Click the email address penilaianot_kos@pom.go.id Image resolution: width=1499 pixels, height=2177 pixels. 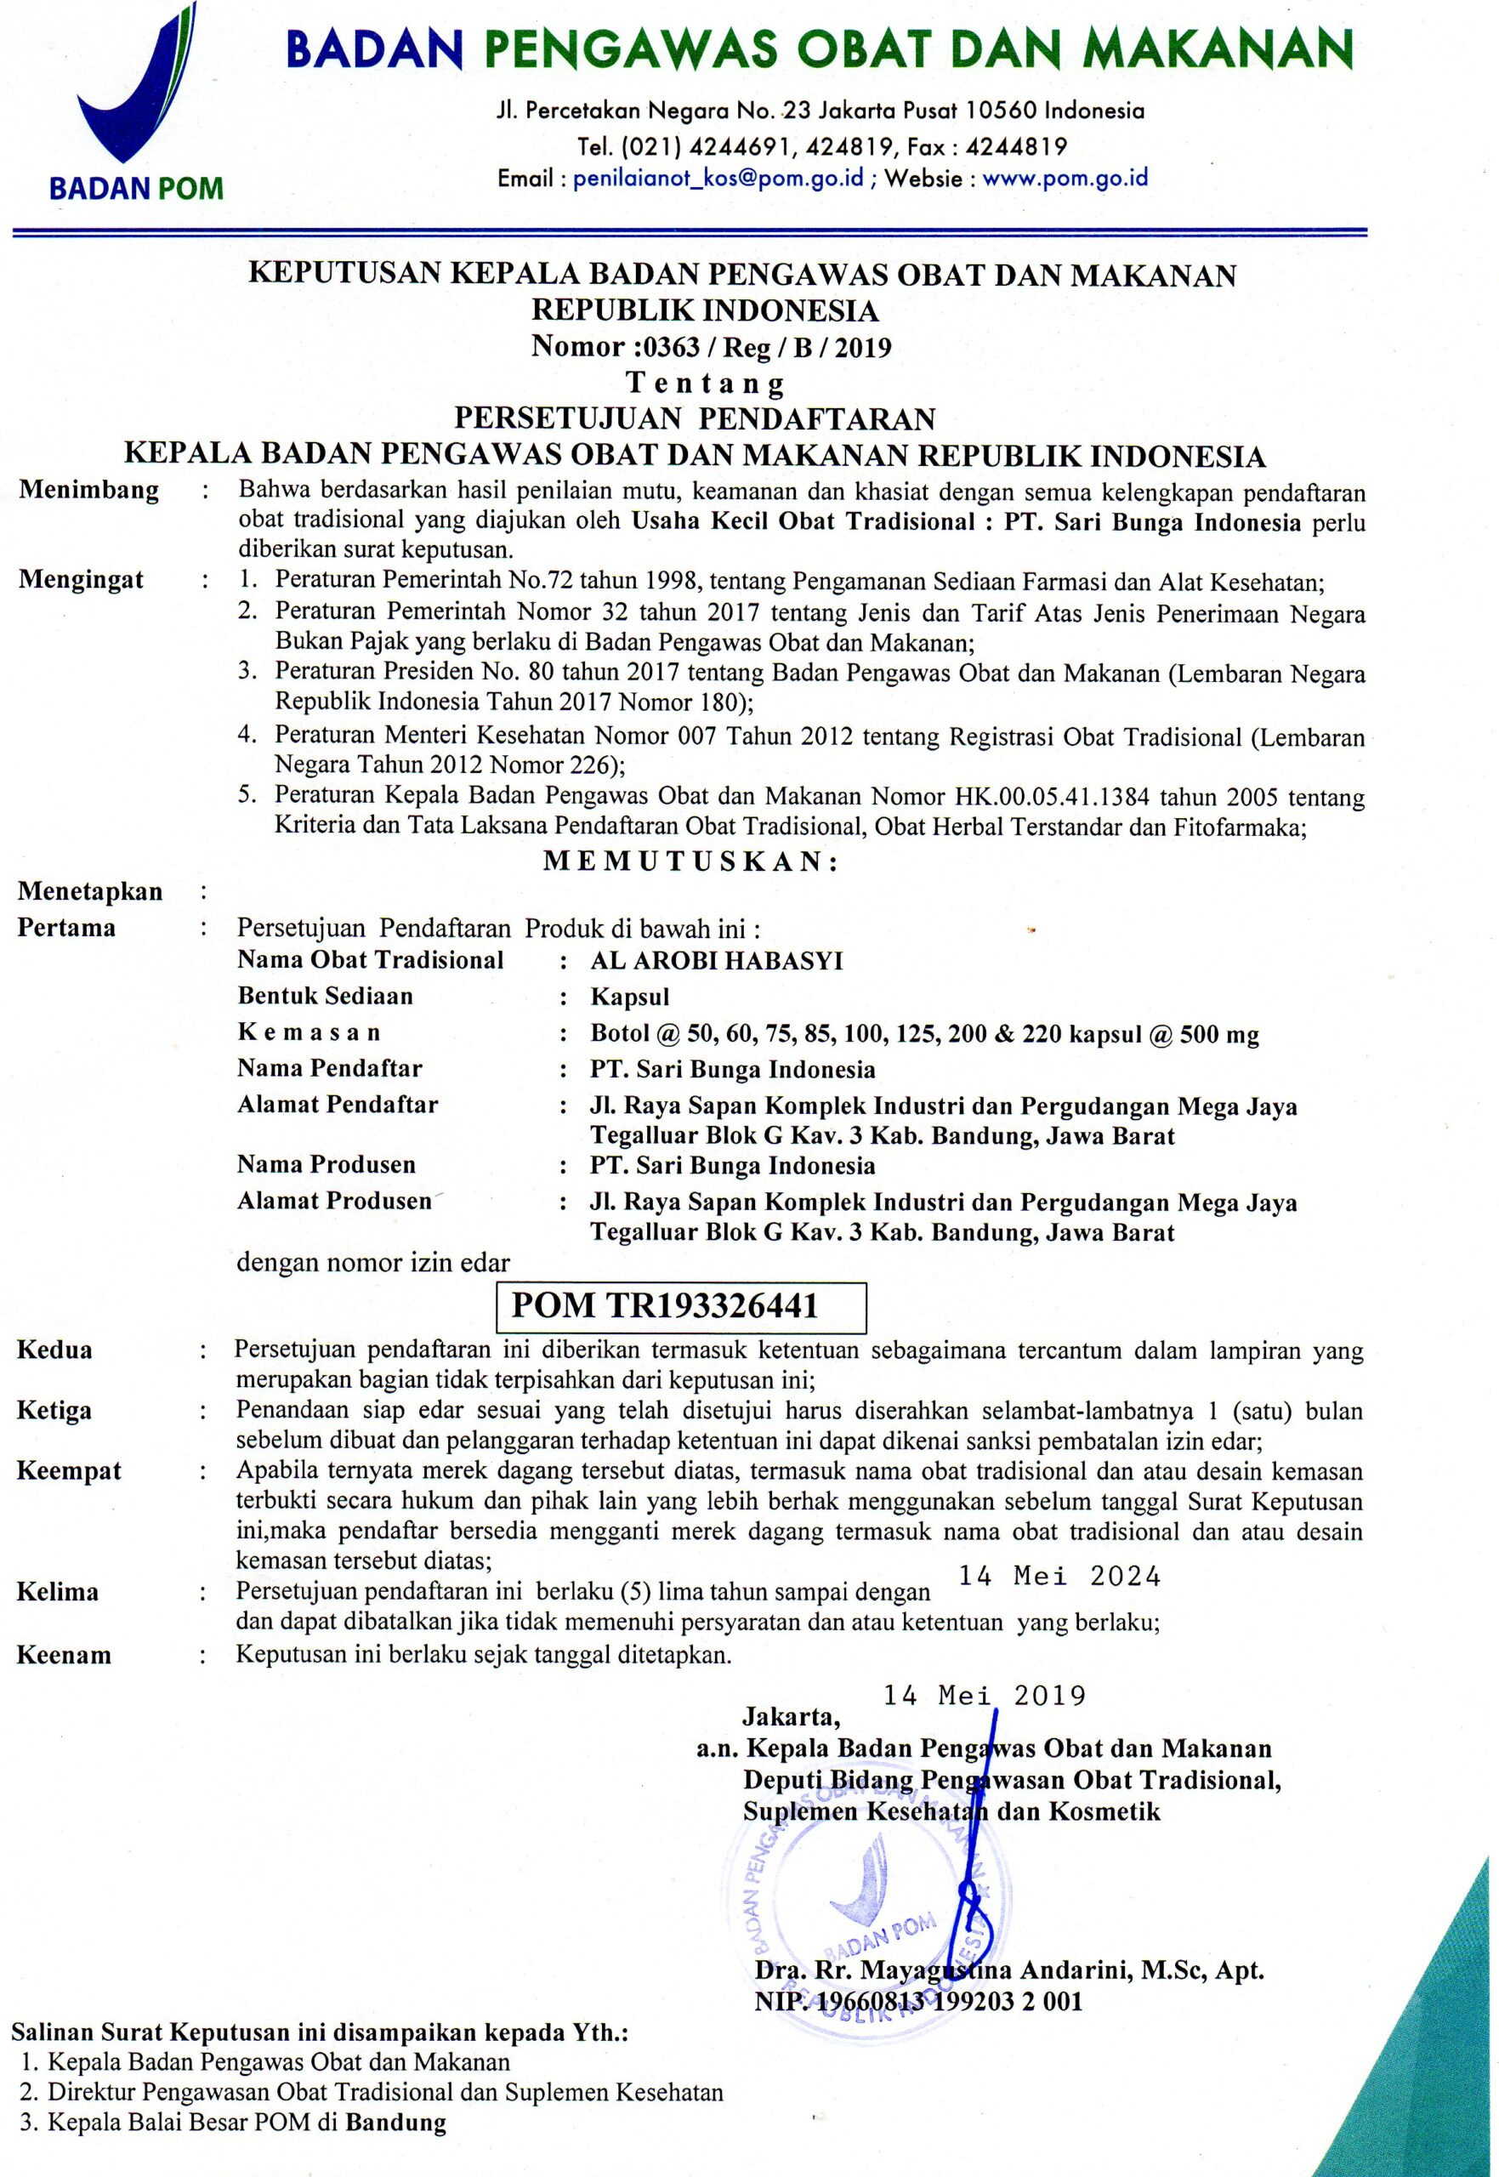[718, 179]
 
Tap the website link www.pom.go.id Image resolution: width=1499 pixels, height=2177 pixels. [1065, 179]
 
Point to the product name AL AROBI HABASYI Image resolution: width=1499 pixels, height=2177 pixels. [717, 961]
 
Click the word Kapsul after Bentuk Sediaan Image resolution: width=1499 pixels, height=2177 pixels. [629, 997]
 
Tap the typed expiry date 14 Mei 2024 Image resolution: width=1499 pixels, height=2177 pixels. [1059, 1577]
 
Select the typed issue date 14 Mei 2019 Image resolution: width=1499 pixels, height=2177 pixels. [985, 1695]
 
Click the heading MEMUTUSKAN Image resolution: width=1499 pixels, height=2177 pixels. [690, 861]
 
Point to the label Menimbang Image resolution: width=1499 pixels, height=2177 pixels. [89, 490]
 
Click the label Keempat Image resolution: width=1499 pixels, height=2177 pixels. [69, 1470]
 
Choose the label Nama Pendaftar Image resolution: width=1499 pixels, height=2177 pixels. [330, 1069]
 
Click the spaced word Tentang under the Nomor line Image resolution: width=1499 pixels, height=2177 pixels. [706, 384]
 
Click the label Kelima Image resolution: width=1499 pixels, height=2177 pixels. [57, 1592]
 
